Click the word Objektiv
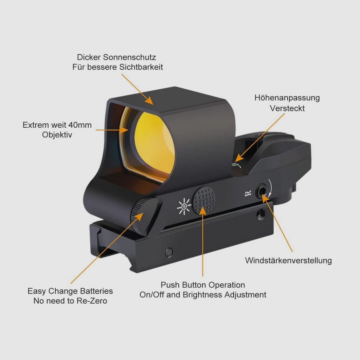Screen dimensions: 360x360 point(57,135)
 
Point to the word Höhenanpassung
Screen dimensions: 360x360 point(287,98)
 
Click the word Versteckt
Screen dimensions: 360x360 point(287,108)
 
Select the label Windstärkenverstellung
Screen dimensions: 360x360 point(288,261)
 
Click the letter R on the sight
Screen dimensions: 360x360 point(248,193)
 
